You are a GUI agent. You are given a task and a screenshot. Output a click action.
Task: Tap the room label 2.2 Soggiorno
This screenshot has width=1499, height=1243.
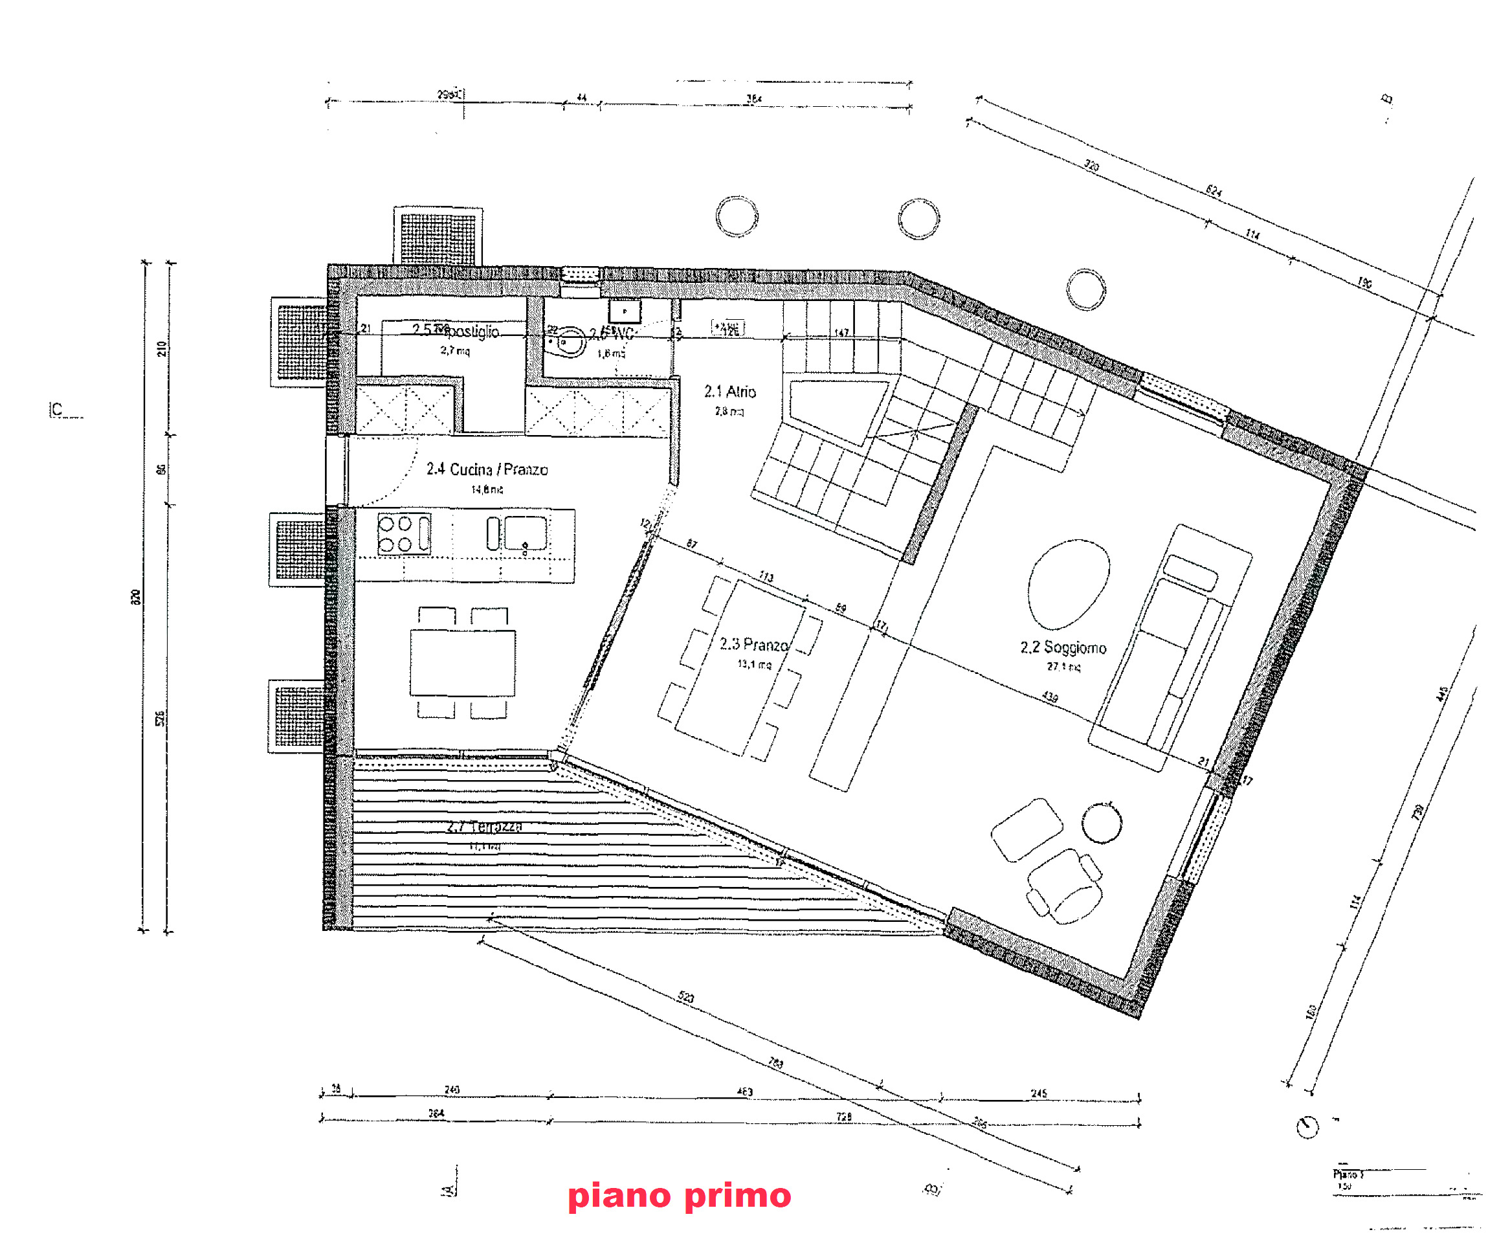click(x=1063, y=647)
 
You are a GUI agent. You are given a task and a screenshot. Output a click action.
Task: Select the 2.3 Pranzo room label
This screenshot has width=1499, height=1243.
click(x=753, y=644)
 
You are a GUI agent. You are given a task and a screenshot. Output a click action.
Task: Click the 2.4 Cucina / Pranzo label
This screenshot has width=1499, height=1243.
click(x=487, y=469)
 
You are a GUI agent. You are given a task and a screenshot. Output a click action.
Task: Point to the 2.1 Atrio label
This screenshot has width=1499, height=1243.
click(x=729, y=391)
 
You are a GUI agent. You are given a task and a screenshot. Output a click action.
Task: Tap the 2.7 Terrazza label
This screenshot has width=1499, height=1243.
click(x=484, y=826)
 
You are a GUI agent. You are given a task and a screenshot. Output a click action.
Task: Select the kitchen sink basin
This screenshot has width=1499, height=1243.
click(x=526, y=533)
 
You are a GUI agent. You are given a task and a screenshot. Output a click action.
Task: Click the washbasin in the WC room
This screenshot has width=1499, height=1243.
click(x=569, y=341)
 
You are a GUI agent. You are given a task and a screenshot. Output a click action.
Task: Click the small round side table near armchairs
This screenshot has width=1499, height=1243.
click(x=1102, y=822)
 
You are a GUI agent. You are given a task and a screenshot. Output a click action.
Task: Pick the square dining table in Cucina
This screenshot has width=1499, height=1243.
click(x=463, y=662)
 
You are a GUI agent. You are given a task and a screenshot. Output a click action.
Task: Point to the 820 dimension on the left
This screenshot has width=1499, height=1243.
click(x=136, y=597)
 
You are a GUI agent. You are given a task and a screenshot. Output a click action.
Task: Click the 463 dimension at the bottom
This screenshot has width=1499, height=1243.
click(x=744, y=1091)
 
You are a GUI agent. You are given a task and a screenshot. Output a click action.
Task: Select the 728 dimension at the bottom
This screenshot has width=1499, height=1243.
click(x=844, y=1116)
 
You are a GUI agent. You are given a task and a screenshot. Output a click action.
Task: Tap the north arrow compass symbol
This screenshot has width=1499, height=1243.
click(x=1307, y=1126)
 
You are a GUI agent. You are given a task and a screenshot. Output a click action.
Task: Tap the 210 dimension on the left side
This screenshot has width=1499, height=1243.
click(x=162, y=348)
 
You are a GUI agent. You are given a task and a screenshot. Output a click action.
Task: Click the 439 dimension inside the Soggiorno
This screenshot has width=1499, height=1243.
click(x=1049, y=696)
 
